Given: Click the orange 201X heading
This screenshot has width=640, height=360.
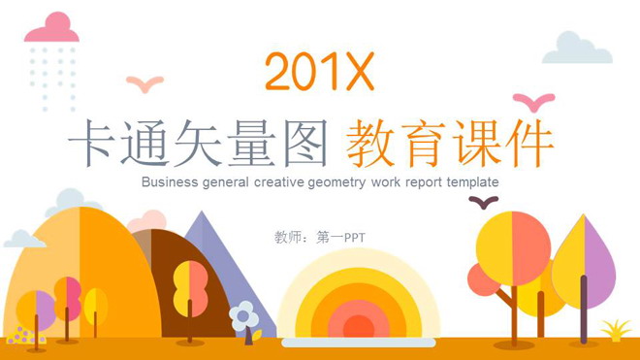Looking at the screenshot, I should pos(318,72).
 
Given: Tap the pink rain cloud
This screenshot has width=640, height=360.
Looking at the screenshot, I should pos(52,29).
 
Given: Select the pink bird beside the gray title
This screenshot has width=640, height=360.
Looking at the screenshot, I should pos(145,83).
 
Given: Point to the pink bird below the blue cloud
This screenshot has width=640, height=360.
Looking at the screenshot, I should pos(533,101).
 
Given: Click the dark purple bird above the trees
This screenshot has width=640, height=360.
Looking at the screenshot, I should pos(482,202).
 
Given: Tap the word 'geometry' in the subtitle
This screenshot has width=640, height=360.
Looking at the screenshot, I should pos(326,181).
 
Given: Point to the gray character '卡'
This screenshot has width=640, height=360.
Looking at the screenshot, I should pos(90,145).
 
